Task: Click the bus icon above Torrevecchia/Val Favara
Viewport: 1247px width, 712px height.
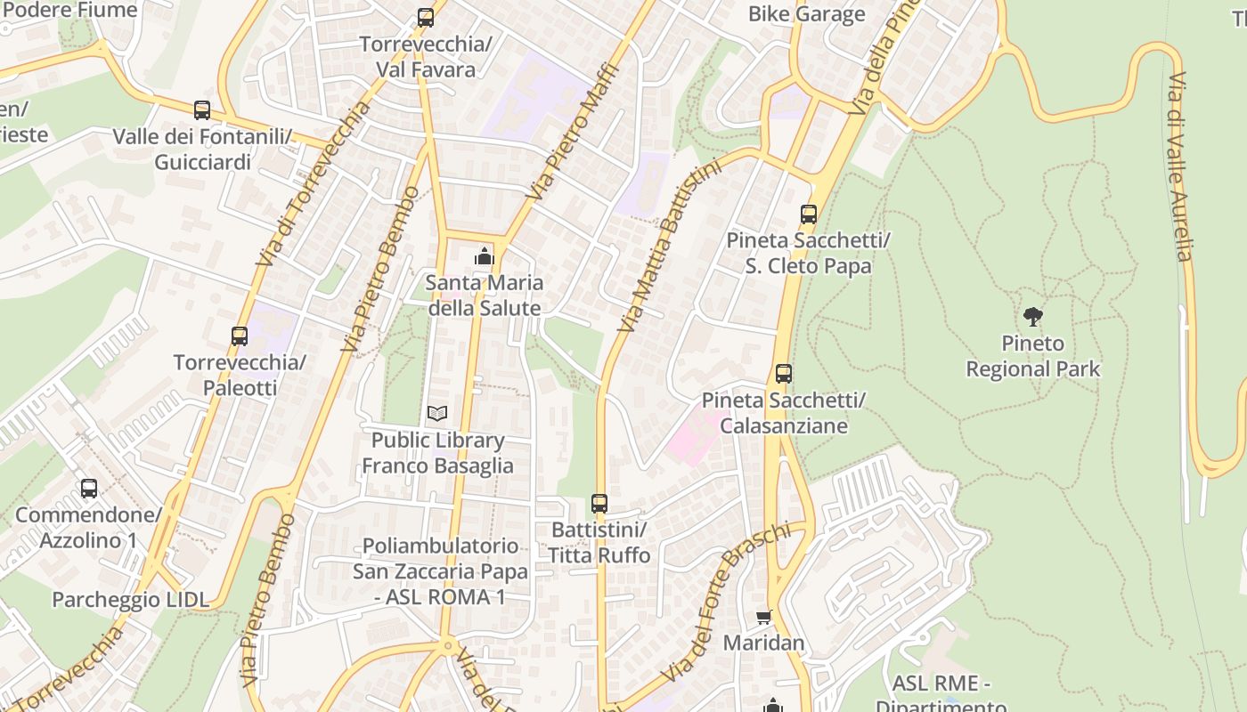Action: (x=426, y=17)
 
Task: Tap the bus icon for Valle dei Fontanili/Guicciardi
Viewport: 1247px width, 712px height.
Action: (x=202, y=110)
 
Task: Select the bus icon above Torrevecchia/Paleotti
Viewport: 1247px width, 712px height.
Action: (x=240, y=336)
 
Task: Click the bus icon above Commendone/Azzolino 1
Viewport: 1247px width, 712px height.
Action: (x=89, y=488)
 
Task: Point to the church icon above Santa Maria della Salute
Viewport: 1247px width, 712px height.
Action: (x=484, y=256)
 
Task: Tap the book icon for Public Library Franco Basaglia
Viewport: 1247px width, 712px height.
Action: (x=437, y=413)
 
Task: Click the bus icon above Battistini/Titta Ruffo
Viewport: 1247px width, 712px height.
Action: (x=599, y=503)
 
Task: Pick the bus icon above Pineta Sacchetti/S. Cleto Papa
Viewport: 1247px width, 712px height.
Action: (x=808, y=214)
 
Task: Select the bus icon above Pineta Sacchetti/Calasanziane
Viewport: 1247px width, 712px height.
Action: (x=783, y=373)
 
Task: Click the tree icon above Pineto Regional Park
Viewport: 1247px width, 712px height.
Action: (x=1033, y=315)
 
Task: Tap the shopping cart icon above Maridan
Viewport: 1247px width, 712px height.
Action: (x=763, y=616)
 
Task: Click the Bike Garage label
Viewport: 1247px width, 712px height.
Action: (x=806, y=13)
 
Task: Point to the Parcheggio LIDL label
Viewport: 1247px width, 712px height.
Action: (x=130, y=599)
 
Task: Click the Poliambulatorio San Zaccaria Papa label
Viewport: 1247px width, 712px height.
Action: (x=440, y=570)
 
